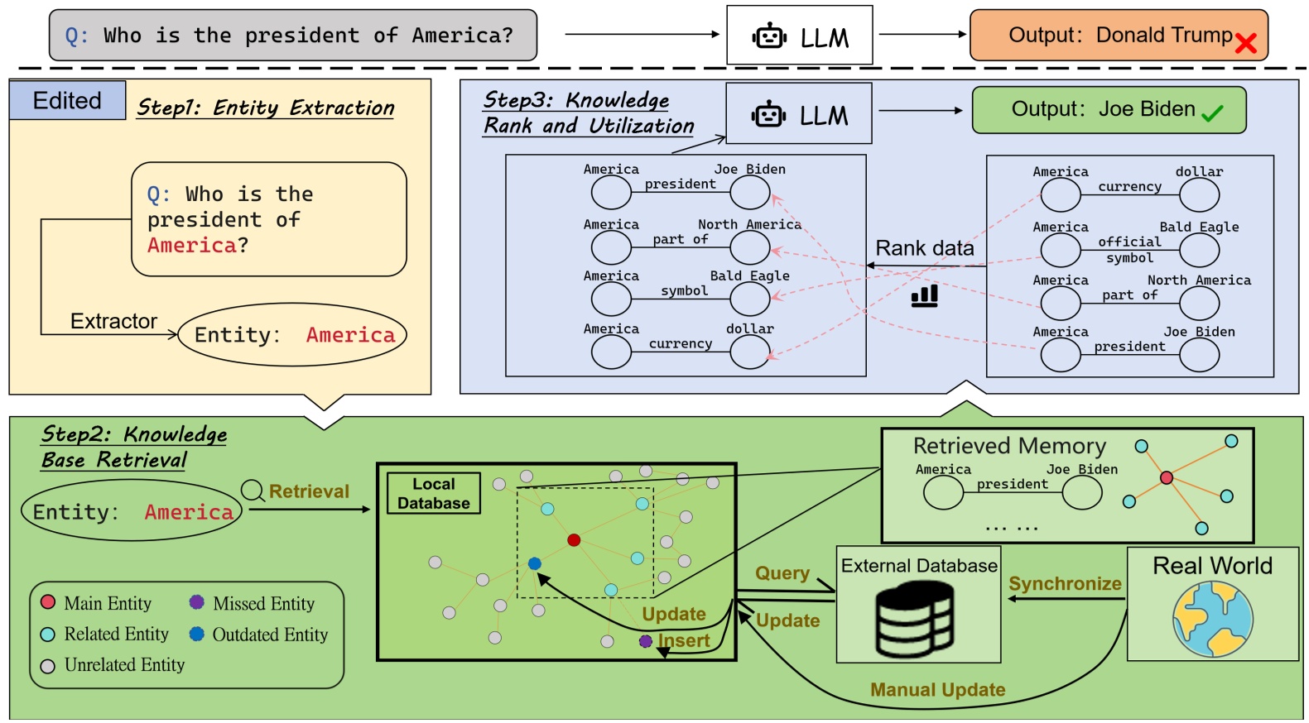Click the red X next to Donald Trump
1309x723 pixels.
(1245, 43)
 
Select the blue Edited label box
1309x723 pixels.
(67, 101)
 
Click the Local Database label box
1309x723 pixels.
(433, 493)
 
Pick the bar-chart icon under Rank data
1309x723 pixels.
(924, 296)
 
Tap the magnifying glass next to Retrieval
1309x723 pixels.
(253, 491)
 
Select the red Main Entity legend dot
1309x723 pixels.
(48, 602)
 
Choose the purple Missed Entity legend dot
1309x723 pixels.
(196, 602)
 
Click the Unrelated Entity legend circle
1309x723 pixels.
(48, 666)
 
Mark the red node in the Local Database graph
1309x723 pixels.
(574, 540)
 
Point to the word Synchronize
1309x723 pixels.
(1065, 584)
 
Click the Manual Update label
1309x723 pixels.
(937, 690)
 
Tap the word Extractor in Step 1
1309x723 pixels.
(113, 322)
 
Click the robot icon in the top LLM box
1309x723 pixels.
(769, 36)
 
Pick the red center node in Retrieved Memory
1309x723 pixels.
(1166, 477)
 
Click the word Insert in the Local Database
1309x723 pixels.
(684, 640)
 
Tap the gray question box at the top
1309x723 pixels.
(293, 36)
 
